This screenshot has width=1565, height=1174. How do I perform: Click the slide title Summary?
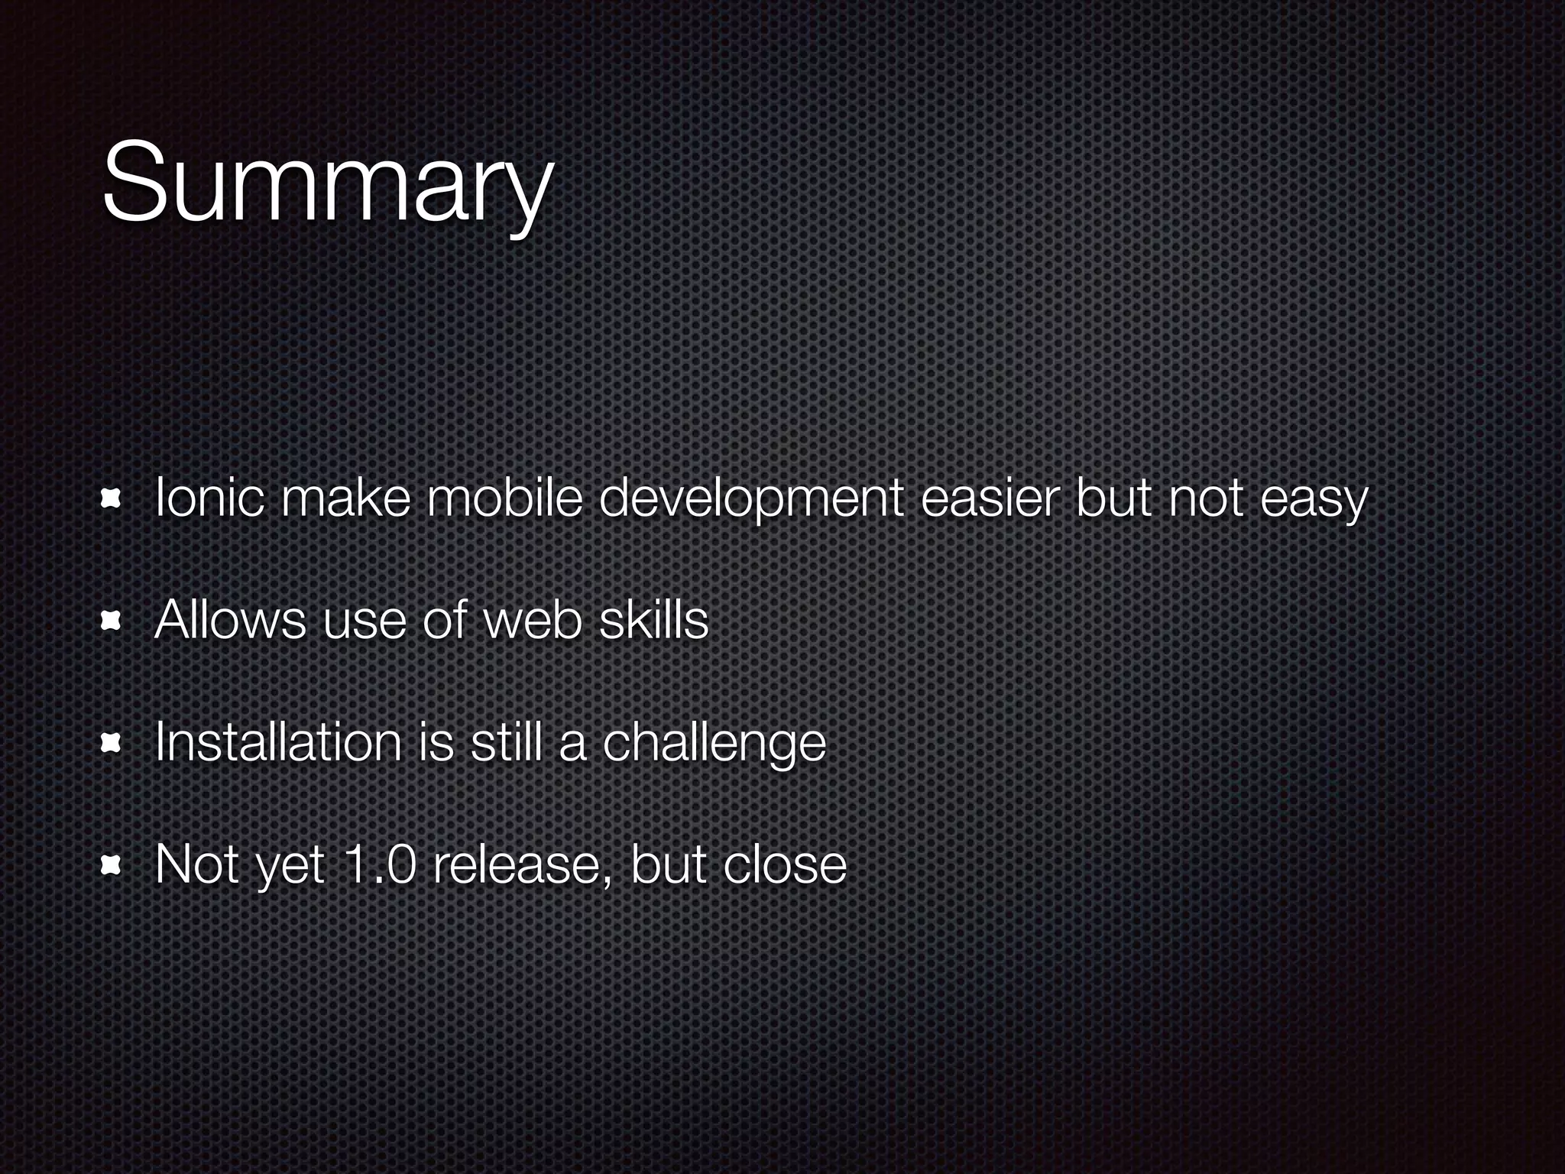(x=326, y=183)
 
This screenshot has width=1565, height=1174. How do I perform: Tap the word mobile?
(x=504, y=498)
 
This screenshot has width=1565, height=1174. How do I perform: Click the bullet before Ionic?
(x=112, y=499)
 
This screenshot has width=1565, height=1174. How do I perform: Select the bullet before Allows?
(x=112, y=621)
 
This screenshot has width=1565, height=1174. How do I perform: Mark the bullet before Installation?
(x=112, y=743)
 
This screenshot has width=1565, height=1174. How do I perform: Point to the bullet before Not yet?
(x=112, y=864)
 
